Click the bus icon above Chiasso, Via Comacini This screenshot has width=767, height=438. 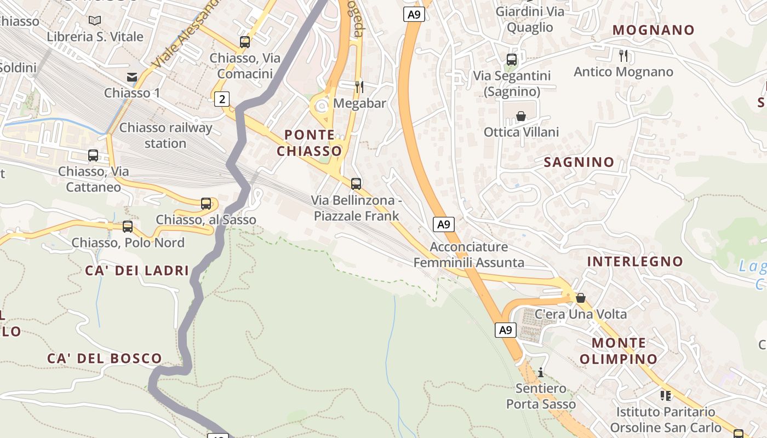click(245, 42)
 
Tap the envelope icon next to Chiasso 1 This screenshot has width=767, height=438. click(132, 77)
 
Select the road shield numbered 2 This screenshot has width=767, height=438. click(221, 99)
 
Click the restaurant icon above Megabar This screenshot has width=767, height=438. click(359, 87)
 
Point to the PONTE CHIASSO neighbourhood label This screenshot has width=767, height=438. click(310, 142)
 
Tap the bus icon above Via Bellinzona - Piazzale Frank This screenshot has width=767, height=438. click(356, 183)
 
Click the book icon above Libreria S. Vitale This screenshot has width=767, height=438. click(95, 21)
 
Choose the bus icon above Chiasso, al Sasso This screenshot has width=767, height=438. click(206, 204)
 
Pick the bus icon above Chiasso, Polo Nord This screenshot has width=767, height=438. click(128, 226)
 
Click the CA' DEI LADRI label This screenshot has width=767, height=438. click(137, 270)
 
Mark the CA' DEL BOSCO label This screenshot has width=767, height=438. click(105, 359)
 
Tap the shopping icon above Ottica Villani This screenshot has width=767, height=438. click(521, 116)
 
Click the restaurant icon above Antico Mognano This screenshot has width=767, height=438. click(623, 55)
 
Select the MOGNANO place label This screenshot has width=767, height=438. click(653, 30)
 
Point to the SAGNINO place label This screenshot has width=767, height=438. click(579, 162)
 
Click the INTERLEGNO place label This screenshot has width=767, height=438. click(635, 262)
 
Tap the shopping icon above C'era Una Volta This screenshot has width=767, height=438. click(581, 298)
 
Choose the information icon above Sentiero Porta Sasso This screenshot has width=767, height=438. click(541, 372)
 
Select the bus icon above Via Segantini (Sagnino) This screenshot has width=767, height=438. click(512, 59)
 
